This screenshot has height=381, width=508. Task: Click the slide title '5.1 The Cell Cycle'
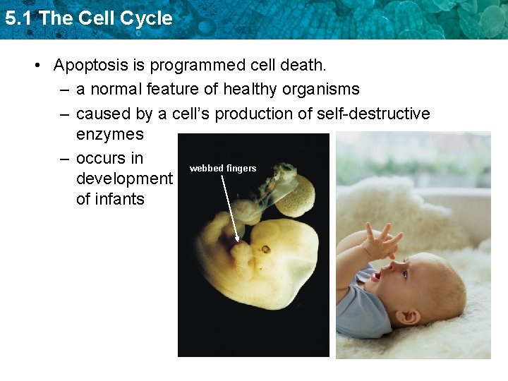88,18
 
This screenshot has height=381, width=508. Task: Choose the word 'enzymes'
109,134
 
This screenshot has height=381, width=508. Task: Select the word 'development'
124,179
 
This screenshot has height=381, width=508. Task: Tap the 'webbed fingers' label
223,169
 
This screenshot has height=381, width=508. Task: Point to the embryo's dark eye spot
266,248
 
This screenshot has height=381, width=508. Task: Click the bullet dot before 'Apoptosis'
40,66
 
